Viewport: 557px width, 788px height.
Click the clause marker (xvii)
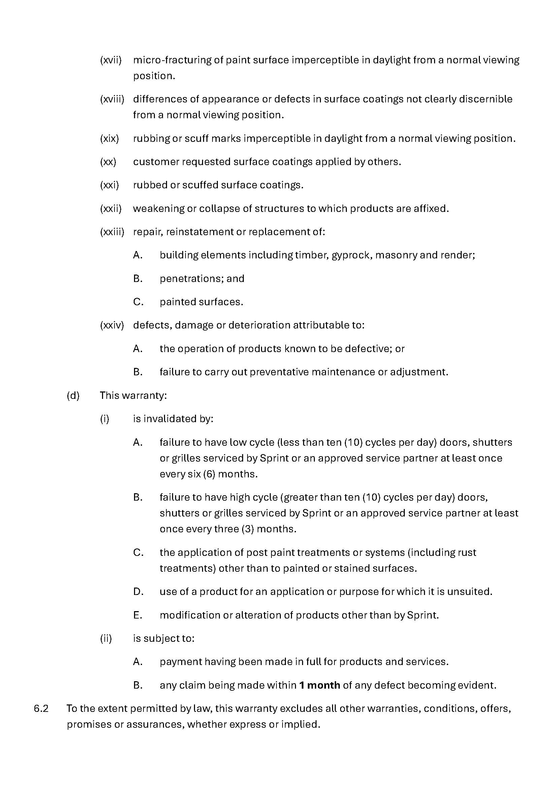coord(111,60)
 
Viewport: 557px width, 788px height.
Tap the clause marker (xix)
coord(109,139)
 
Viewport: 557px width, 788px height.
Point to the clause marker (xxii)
coord(111,209)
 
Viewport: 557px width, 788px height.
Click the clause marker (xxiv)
coord(112,325)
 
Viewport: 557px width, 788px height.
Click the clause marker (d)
coord(73,396)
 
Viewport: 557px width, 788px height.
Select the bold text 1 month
coord(320,685)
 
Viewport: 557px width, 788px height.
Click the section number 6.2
coord(41,709)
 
